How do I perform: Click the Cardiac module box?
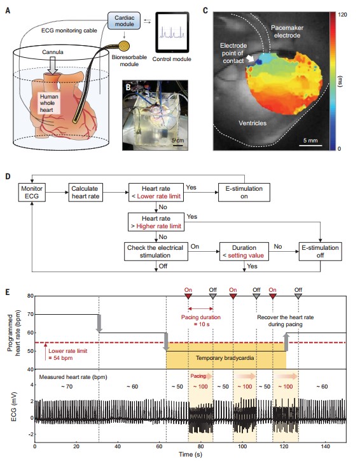point(124,21)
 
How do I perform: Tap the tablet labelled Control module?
point(172,32)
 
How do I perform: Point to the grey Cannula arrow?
point(53,65)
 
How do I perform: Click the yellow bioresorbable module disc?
point(124,46)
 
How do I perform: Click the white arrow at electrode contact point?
point(250,58)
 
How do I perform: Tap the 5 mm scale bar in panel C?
point(313,145)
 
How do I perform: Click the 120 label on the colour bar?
point(342,15)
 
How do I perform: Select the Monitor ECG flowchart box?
point(32,192)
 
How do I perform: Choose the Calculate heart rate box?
point(85,192)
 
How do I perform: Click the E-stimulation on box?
point(244,192)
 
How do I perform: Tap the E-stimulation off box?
point(321,251)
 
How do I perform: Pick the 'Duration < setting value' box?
point(244,251)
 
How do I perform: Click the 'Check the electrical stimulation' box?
point(156,251)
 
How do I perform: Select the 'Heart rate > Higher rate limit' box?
point(156,223)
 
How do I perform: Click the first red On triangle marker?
point(188,296)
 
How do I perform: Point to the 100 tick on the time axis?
point(242,446)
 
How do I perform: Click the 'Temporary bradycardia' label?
point(225,358)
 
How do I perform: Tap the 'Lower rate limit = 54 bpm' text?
point(67,354)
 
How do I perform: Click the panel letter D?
point(8,176)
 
